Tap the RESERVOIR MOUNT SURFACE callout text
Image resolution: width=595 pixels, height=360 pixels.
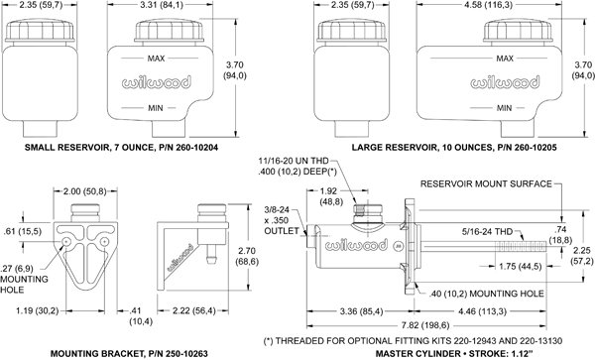[x=486, y=184]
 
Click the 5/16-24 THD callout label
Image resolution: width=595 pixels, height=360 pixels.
[x=487, y=231]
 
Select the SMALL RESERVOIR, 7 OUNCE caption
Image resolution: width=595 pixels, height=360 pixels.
[x=121, y=147]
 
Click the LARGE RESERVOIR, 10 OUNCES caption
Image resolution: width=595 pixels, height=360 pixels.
[x=454, y=147]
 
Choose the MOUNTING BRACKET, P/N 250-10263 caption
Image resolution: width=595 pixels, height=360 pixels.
[x=129, y=353]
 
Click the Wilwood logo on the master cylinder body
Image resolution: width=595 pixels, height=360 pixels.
[x=356, y=245]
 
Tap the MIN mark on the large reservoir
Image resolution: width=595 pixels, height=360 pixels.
[x=504, y=108]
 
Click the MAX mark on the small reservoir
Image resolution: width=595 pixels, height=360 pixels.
[x=156, y=59]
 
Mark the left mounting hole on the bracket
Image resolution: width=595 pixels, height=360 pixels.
[x=66, y=242]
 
